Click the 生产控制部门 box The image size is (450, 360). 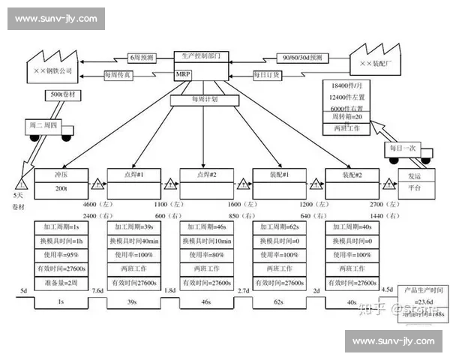coord(202,56)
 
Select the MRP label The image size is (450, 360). coord(184,74)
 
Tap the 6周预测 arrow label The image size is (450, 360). coord(140,57)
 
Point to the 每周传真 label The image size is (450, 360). coord(119,73)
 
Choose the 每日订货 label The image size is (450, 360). coord(267,74)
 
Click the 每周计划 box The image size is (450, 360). coord(204,99)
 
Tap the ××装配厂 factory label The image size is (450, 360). coord(376,65)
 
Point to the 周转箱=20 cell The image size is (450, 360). coord(347,118)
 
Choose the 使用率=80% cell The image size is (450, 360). coord(207,254)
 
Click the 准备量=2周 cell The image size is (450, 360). coord(61,283)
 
